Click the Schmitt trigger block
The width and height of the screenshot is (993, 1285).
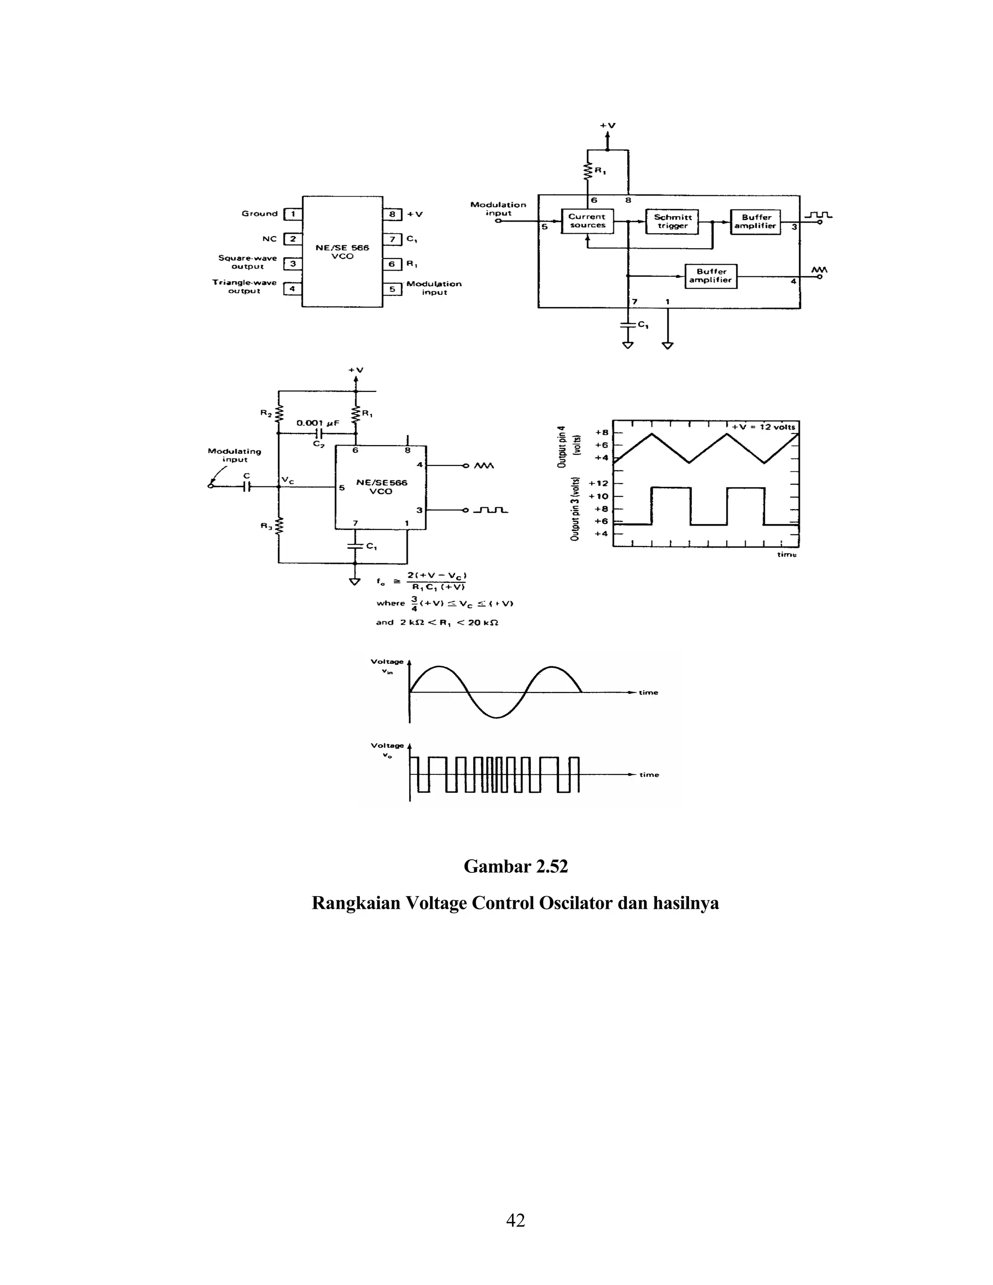(x=673, y=221)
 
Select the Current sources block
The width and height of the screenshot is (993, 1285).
(x=587, y=221)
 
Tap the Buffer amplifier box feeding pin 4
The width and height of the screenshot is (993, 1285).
(x=711, y=276)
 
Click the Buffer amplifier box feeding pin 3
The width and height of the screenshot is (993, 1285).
(x=755, y=221)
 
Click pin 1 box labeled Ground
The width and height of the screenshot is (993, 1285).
(x=292, y=214)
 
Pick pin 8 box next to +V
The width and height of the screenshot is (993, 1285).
(x=392, y=214)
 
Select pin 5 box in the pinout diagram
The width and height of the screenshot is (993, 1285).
(x=392, y=289)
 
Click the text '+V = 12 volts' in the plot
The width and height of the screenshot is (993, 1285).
(x=763, y=427)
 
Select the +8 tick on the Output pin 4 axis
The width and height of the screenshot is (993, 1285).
(x=601, y=432)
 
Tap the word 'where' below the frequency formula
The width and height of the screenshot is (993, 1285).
(x=391, y=603)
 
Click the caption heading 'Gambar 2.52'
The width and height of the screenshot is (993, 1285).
(x=515, y=866)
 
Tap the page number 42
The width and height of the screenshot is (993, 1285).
(x=515, y=1221)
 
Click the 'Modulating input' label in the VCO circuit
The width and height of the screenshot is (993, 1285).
(x=234, y=455)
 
